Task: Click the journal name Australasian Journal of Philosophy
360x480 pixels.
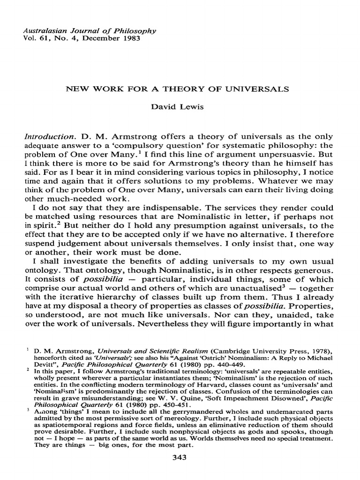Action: (83, 30)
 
